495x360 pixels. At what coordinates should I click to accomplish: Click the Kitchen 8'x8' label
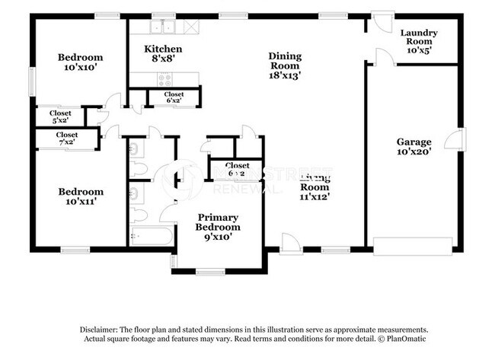click(164, 53)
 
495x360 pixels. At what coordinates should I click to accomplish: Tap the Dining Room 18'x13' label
click(285, 65)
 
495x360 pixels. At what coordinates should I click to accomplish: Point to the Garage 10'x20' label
click(414, 146)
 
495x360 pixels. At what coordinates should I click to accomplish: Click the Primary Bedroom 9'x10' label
click(218, 227)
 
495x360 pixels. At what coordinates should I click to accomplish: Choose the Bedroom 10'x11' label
click(80, 196)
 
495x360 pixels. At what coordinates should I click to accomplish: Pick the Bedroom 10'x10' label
click(80, 62)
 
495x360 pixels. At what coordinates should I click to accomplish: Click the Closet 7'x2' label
click(66, 139)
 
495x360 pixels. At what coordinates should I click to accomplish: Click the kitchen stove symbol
click(164, 78)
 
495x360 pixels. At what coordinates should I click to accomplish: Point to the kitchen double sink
click(162, 28)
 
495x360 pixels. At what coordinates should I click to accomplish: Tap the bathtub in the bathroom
click(151, 236)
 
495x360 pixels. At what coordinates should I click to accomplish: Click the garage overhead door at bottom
click(411, 247)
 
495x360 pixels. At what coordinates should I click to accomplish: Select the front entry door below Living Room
click(290, 244)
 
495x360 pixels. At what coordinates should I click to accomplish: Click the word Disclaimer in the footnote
click(101, 330)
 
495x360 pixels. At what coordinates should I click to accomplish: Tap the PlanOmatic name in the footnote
click(392, 338)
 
